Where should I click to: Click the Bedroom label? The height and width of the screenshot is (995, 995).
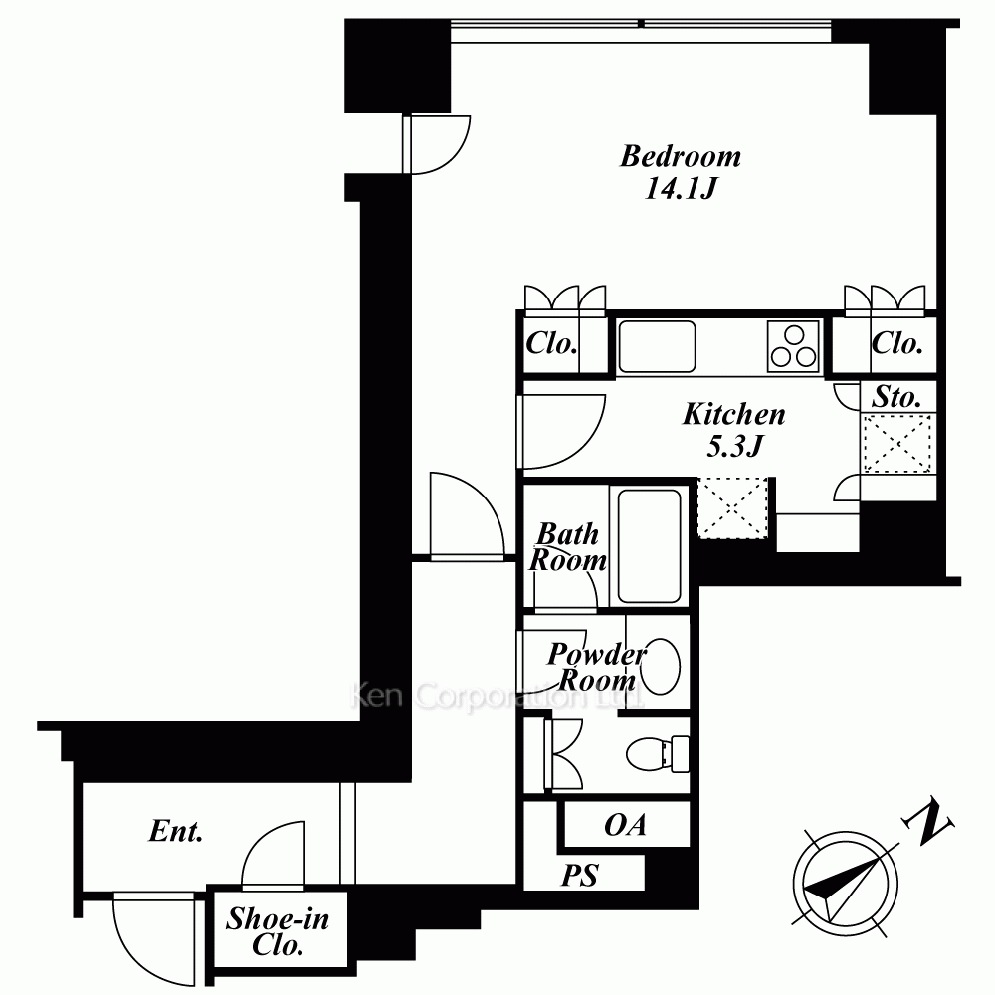tap(681, 157)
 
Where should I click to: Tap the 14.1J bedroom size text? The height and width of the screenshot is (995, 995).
tap(681, 188)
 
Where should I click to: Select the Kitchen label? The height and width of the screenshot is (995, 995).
tap(734, 414)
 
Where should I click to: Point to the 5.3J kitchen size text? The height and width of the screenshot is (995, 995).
tap(734, 446)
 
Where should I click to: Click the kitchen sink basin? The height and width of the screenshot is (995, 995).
tap(657, 346)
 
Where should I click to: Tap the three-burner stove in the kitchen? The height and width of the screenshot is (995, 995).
tap(793, 346)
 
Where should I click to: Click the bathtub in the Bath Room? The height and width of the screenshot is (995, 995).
tap(649, 545)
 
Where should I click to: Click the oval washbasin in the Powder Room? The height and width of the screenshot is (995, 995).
tap(661, 665)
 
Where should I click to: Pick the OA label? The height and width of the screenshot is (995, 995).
tap(626, 824)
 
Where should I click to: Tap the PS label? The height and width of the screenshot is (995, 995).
tap(579, 875)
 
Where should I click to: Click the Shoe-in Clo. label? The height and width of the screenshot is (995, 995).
tap(278, 931)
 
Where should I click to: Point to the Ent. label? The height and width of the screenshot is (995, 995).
tap(176, 831)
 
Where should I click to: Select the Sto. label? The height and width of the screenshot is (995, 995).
tap(896, 397)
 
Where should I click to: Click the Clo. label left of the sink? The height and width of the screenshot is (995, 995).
tap(551, 344)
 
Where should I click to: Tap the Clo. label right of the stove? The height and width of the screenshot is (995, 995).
tap(896, 344)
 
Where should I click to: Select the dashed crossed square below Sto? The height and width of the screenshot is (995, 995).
tap(897, 443)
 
